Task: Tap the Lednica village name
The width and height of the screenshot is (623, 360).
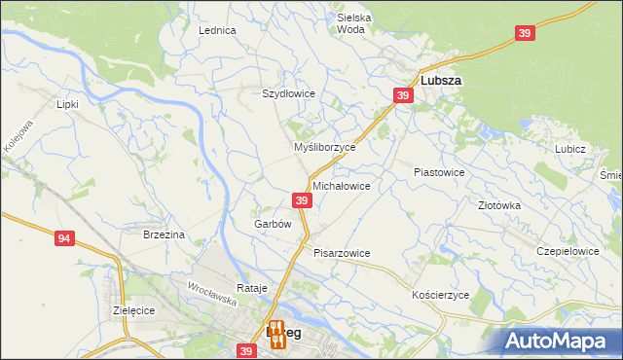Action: pos(218,30)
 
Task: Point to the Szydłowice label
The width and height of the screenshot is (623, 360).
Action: pos(289,93)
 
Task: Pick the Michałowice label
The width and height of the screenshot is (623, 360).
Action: pos(341,185)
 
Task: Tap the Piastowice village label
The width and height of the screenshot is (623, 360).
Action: pos(439,171)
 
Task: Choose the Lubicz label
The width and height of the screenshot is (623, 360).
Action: pos(569,149)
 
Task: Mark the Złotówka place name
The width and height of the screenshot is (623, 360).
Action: pos(499,205)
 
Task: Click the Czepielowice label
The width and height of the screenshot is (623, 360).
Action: pos(568,250)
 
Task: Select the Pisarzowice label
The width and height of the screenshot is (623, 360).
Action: pos(342,253)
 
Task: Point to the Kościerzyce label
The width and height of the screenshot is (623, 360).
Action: pos(441,294)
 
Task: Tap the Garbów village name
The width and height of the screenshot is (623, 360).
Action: pos(273,223)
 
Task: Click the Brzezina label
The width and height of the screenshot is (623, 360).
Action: pos(164,234)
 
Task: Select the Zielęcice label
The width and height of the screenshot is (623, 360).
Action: pos(134,309)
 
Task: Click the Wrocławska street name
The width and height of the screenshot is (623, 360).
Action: pos(213,289)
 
